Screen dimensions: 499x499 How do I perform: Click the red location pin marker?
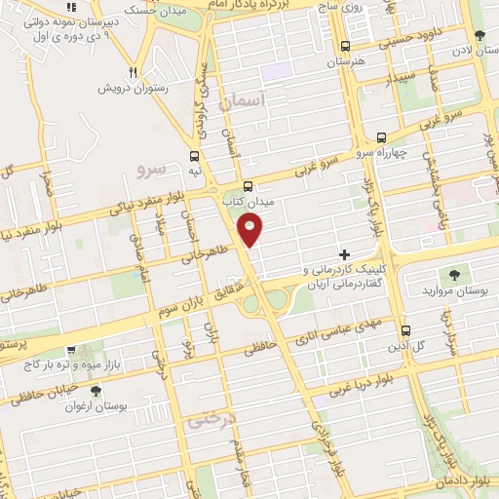click(251, 230)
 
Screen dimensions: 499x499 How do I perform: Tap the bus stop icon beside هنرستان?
click(345, 46)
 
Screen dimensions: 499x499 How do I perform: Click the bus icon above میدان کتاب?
click(248, 185)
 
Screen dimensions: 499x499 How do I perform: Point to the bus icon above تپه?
click(194, 155)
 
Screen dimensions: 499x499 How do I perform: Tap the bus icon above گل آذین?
click(405, 330)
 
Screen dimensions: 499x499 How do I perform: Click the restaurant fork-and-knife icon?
click(134, 72)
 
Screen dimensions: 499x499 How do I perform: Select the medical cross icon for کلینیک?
click(343, 253)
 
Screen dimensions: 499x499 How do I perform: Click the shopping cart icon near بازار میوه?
click(69, 349)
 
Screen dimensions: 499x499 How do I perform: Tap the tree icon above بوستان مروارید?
click(452, 275)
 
